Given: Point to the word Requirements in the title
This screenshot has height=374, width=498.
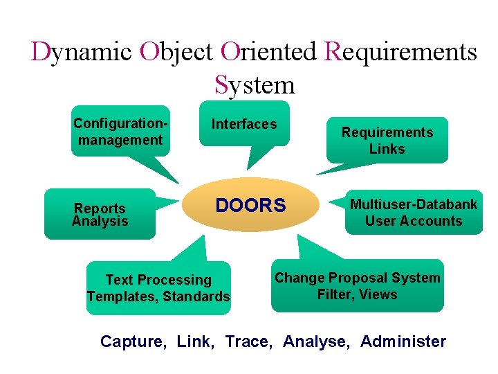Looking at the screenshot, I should point(400,52).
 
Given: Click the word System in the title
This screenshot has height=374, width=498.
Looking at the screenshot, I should point(255,84).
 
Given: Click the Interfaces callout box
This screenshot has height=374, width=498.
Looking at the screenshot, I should point(244,125).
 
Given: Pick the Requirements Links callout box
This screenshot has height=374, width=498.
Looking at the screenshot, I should point(387,141).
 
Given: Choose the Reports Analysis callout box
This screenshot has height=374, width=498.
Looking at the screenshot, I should point(100,215).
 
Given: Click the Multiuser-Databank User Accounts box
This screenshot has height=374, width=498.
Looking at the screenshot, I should point(414,213).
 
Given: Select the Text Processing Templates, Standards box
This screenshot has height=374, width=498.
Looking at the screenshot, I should point(158,288).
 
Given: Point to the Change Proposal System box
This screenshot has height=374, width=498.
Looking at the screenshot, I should point(357,286).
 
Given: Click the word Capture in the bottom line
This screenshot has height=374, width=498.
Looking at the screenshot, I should point(132,341).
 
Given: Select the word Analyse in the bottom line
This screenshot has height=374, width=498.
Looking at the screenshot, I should point(315,341).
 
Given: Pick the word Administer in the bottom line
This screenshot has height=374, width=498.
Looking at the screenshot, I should point(403,341).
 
